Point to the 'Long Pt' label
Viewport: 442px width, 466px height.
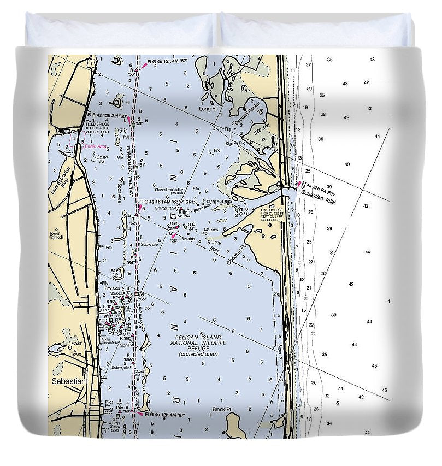[207, 108]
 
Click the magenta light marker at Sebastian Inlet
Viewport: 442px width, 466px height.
[299, 184]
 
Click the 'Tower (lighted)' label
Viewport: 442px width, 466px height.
[55, 235]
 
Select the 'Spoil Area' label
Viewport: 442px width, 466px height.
[119, 189]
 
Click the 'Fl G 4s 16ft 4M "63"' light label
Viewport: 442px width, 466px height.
[164, 202]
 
